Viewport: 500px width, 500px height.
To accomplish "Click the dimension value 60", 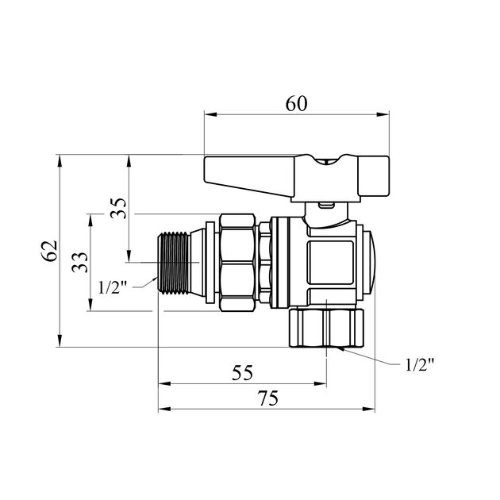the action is (x=296, y=104).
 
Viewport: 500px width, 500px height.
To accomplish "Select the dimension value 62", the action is (x=50, y=250).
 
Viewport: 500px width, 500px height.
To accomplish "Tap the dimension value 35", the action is (x=118, y=208).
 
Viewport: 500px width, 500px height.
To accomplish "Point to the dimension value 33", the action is (x=79, y=262).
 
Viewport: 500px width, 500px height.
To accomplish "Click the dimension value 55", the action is (x=242, y=372).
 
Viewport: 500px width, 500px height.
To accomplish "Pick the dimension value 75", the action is (x=268, y=398).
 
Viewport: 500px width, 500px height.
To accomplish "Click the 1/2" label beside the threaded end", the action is (x=113, y=288).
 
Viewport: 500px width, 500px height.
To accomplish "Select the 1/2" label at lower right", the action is (x=420, y=364).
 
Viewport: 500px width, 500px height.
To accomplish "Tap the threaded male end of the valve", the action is (x=174, y=263).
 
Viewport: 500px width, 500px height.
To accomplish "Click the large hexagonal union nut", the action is (x=238, y=263).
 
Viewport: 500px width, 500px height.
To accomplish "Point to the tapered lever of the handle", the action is (x=249, y=175).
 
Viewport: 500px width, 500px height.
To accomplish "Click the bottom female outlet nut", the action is (x=326, y=328).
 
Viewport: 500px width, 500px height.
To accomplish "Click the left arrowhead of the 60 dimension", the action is (x=210, y=114).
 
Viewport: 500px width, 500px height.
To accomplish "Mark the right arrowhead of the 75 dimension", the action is (x=368, y=409).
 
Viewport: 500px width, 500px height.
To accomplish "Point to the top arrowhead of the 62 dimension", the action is (x=60, y=161).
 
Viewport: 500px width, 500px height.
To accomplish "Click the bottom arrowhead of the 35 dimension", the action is (x=129, y=256).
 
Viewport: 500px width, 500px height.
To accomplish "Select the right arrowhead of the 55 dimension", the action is (x=320, y=383).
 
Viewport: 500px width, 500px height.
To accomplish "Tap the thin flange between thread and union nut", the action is (x=210, y=263).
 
